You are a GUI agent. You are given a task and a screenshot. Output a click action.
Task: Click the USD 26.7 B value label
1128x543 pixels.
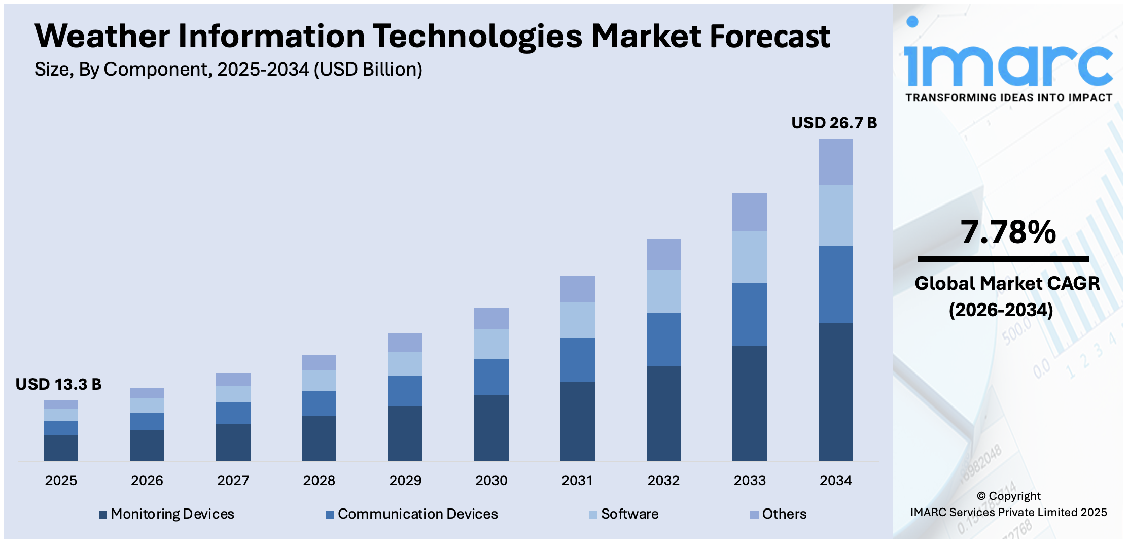[834, 123]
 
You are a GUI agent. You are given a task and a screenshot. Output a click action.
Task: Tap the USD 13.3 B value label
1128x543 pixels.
[58, 384]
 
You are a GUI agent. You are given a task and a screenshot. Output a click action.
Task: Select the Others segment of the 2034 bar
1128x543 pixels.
[835, 161]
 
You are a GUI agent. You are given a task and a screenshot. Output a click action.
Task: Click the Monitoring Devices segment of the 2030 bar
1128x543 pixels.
[491, 427]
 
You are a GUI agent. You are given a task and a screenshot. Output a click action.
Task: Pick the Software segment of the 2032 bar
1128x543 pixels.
[663, 291]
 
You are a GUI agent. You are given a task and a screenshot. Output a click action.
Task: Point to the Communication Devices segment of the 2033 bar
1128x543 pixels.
[749, 314]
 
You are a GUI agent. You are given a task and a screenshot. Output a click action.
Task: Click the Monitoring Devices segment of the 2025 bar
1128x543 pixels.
[61, 448]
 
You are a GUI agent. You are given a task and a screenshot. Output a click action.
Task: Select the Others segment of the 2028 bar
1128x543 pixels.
[319, 362]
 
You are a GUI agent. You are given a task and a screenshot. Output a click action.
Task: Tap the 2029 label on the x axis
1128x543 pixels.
[405, 480]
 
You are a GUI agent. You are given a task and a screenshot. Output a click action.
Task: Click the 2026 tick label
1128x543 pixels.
[147, 480]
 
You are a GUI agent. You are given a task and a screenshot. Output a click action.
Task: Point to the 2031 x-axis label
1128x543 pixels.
[577, 480]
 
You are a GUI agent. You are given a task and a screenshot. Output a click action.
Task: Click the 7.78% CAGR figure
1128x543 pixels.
[1008, 232]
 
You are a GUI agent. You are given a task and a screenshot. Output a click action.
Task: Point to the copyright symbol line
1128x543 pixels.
[1008, 496]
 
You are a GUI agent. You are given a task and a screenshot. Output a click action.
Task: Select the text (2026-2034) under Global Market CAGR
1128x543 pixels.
[1001, 310]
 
